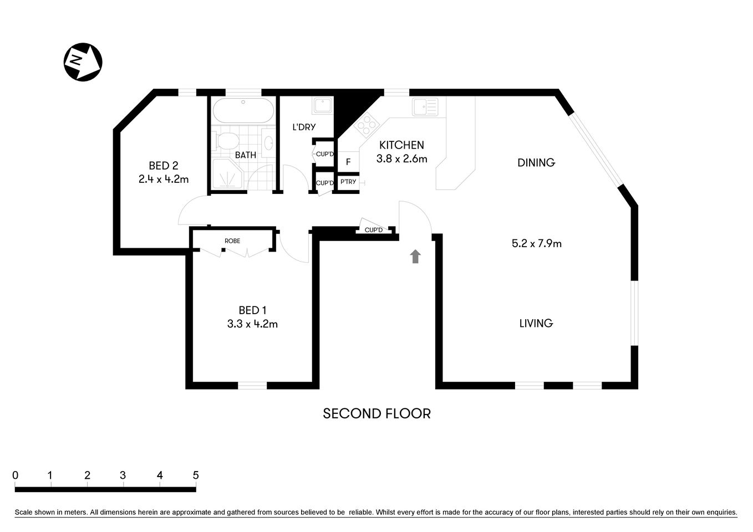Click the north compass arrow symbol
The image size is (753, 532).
point(83,62)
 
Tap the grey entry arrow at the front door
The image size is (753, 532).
point(415,256)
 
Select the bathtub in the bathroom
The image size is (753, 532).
point(243,111)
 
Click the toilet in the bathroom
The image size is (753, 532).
point(227,140)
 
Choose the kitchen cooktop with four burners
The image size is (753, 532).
point(365,124)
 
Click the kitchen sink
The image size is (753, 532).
point(425,106)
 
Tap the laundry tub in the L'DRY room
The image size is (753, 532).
point(322,105)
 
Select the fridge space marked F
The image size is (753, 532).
point(348,162)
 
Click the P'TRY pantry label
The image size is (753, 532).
point(348,182)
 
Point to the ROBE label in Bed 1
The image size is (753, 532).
point(232,241)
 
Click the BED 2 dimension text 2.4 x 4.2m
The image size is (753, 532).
point(164,180)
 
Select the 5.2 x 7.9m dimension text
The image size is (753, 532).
point(536,243)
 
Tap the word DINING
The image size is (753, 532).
point(536,162)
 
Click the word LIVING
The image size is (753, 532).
point(536,323)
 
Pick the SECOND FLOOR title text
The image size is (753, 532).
point(376,413)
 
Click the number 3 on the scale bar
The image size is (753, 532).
point(123,475)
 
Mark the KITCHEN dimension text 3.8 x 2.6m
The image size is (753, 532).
point(401,159)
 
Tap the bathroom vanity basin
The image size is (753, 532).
point(268,143)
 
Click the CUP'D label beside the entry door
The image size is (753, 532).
point(374,230)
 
